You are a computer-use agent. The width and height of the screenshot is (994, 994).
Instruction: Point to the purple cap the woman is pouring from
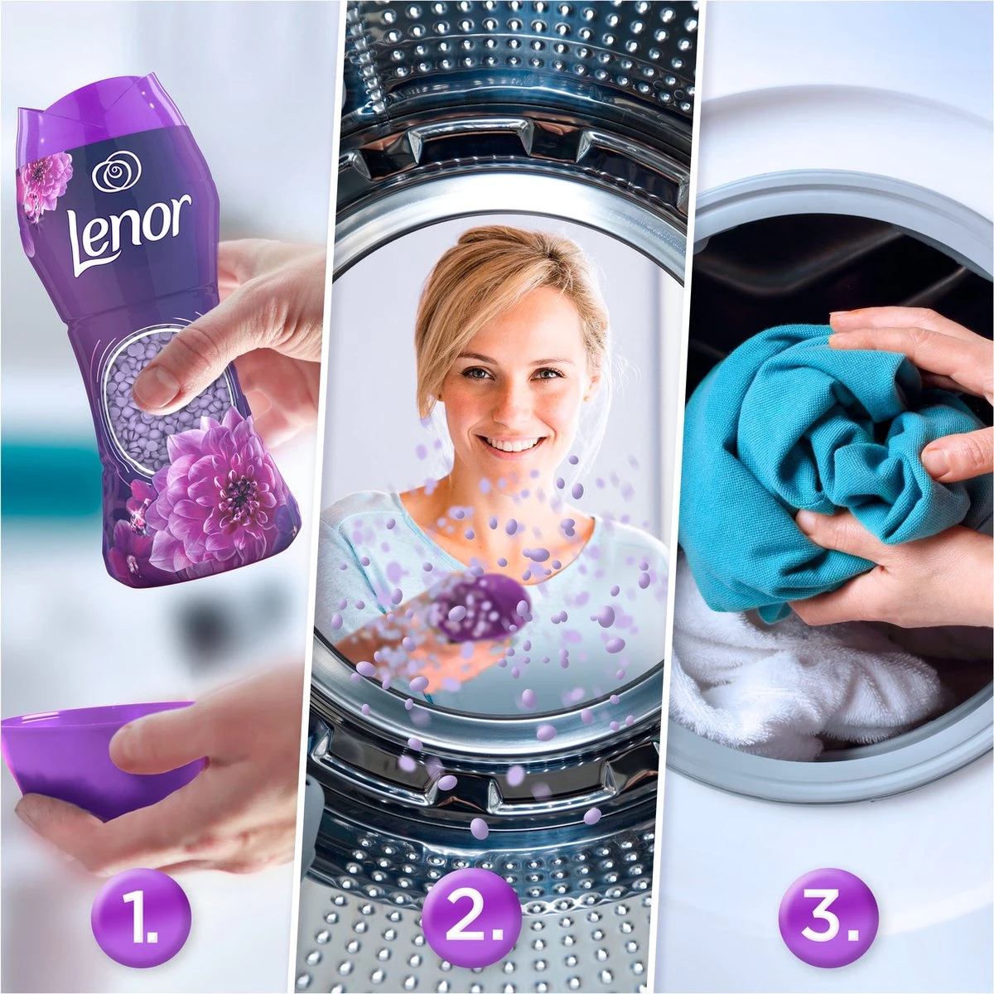[x=480, y=609]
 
